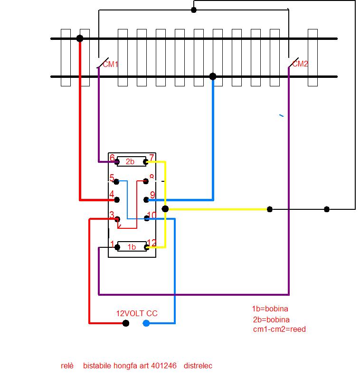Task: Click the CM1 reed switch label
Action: pos(111,64)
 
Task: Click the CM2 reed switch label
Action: pos(300,64)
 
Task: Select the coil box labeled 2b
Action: pos(131,161)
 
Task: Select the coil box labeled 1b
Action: pos(132,247)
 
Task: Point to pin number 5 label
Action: pos(112,178)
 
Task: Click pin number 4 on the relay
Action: pos(112,195)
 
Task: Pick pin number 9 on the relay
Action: pos(152,195)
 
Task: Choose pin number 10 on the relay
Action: pos(152,216)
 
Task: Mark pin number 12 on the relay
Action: pos(152,243)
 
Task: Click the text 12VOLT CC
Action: pos(137,313)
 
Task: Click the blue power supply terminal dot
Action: pos(146,323)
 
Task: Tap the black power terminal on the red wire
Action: pos(126,323)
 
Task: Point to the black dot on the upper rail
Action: pos(80,38)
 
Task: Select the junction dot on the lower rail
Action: pos(213,76)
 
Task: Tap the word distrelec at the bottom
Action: pos(198,366)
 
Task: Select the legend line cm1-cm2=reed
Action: pos(279,329)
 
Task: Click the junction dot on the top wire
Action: pos(194,9)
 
